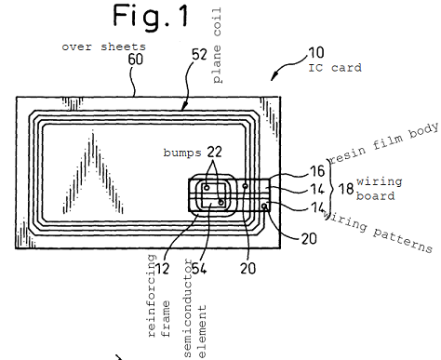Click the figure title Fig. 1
point(151,16)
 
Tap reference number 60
point(136,59)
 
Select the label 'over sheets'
point(103,47)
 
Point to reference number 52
point(199,55)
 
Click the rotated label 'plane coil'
point(217,46)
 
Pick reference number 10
point(316,53)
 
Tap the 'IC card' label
point(335,68)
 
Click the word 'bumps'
point(182,153)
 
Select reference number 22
point(214,152)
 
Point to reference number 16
point(317,171)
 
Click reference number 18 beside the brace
point(346,188)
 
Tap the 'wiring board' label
point(379,189)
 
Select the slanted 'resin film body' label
point(384,143)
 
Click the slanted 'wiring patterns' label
point(379,231)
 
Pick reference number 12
point(162,268)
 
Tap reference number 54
point(199,268)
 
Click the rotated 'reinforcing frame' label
point(159,296)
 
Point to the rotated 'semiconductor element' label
point(194,309)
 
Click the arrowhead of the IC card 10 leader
point(273,77)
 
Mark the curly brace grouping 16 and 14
point(331,189)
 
